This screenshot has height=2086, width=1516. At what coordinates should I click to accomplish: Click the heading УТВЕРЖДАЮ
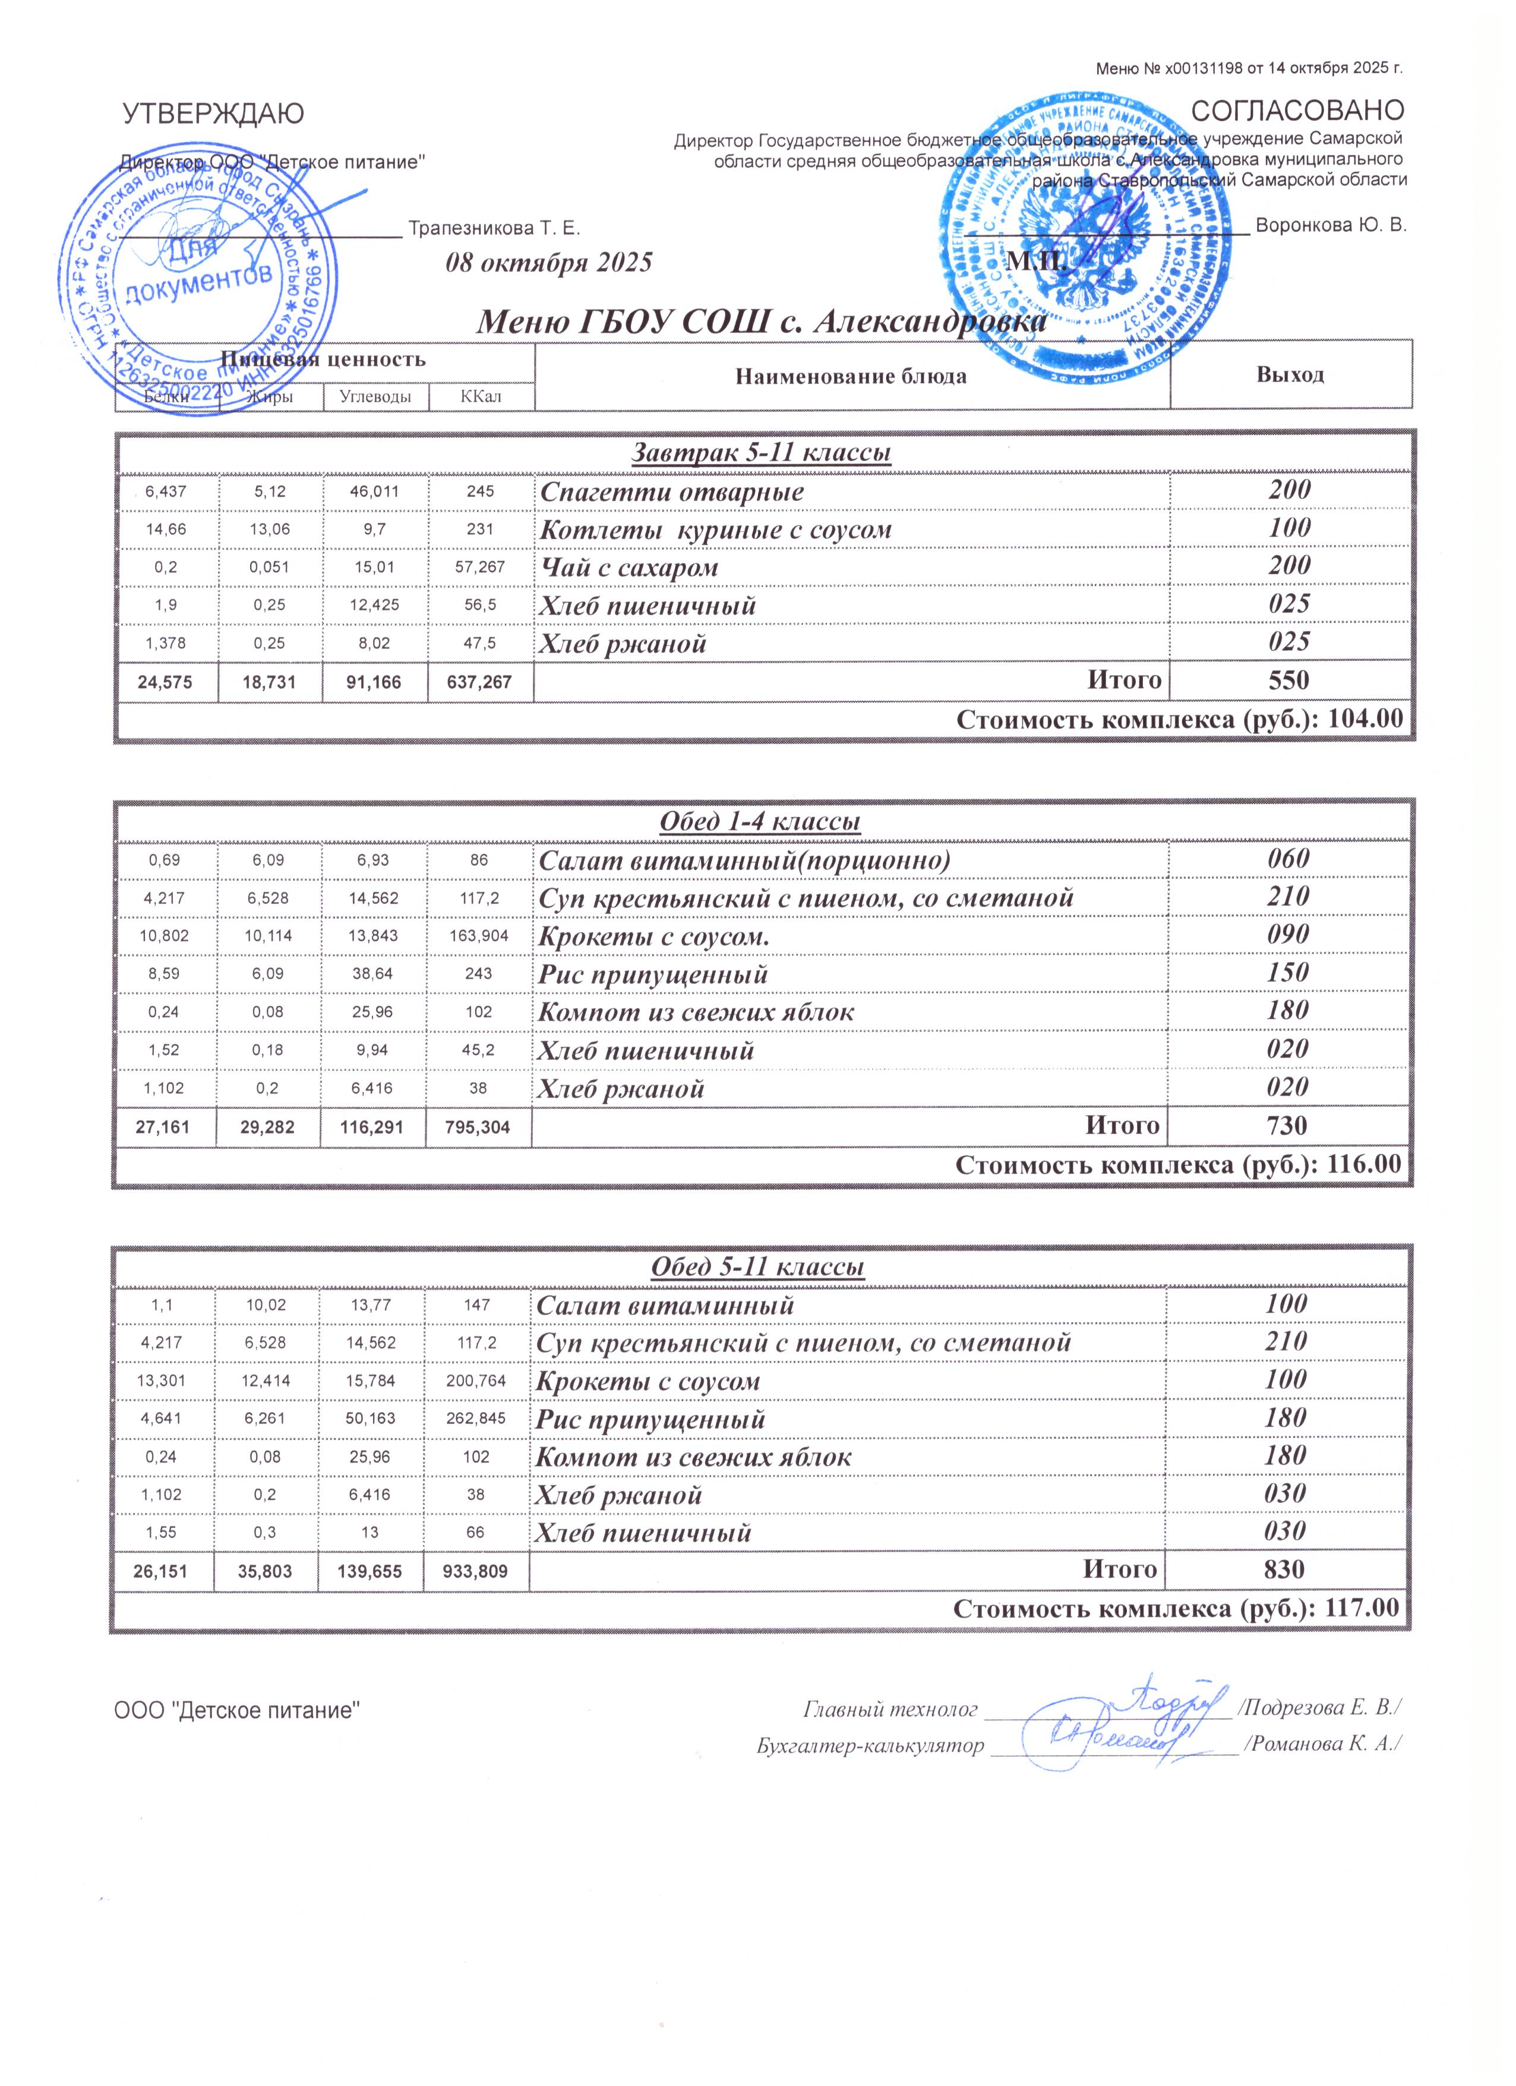tap(213, 114)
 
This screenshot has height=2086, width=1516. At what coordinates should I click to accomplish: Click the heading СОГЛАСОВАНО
tap(1297, 111)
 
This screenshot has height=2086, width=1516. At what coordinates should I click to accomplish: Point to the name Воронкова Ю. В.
tap(1330, 225)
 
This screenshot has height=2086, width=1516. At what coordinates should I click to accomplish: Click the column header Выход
tap(1290, 374)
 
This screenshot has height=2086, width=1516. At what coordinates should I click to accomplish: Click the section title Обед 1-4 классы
tap(760, 821)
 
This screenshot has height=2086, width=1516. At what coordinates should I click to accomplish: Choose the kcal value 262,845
tap(477, 1418)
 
